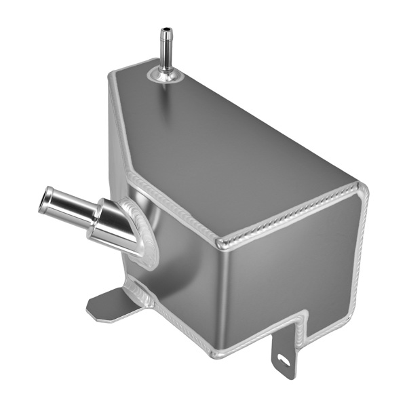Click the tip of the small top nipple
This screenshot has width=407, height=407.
(x=164, y=30)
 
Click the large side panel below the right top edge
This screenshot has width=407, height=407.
(x=292, y=278)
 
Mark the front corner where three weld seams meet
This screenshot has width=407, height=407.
(x=220, y=242)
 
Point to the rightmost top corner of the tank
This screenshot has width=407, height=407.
(x=363, y=186)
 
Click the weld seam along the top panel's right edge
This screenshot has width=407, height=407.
(x=292, y=215)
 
